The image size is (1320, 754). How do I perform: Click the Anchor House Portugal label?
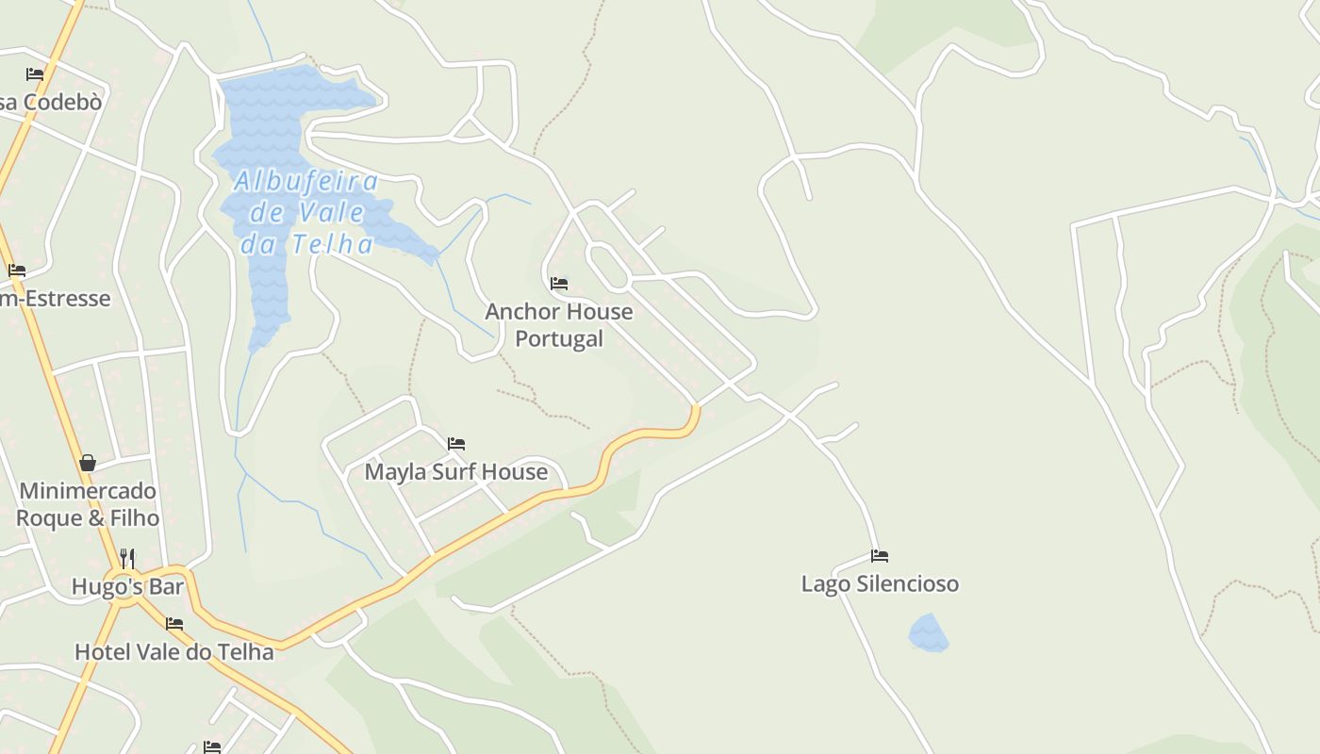558,324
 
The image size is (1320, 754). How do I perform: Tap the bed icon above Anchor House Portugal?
559,283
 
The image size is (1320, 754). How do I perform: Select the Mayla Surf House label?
455,471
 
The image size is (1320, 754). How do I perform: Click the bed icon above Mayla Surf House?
456,443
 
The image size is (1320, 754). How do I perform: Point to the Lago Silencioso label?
880,583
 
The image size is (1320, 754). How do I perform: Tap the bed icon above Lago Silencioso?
880,555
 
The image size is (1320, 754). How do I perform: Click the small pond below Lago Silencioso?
928,633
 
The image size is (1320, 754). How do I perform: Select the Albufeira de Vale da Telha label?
306,212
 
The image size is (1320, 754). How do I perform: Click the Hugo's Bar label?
127,587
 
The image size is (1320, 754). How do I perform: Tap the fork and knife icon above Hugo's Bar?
127,558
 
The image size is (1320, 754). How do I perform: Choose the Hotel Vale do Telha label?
173,651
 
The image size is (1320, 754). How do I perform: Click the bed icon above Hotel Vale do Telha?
174,623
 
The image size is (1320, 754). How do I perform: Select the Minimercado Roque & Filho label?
88,504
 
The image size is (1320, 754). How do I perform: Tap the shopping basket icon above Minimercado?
88,463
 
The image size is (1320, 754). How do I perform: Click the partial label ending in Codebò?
50,102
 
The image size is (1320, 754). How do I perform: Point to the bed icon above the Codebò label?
35,74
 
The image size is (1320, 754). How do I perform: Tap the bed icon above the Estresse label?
17,270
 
